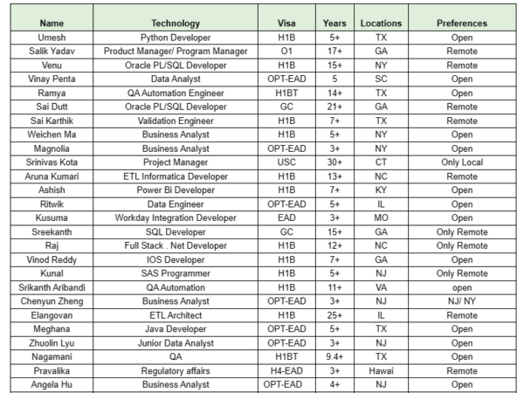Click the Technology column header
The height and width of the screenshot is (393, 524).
[x=176, y=24]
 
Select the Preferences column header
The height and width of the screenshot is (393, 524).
[x=462, y=24]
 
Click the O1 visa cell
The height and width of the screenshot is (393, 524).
[x=286, y=52]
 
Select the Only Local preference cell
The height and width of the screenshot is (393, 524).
[x=462, y=162]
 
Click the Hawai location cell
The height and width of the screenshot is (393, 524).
[x=381, y=370]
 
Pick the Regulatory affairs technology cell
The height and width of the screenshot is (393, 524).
[x=176, y=370]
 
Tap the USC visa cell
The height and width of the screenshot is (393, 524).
[x=286, y=162]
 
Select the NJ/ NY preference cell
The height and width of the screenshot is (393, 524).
[x=462, y=300]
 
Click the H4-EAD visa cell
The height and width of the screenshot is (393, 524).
[x=286, y=370]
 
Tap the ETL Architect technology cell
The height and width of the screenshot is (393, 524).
[x=176, y=314]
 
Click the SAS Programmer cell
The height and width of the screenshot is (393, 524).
[x=176, y=273]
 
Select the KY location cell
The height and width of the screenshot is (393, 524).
[x=381, y=190]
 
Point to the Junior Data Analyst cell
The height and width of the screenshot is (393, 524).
[x=176, y=342]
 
